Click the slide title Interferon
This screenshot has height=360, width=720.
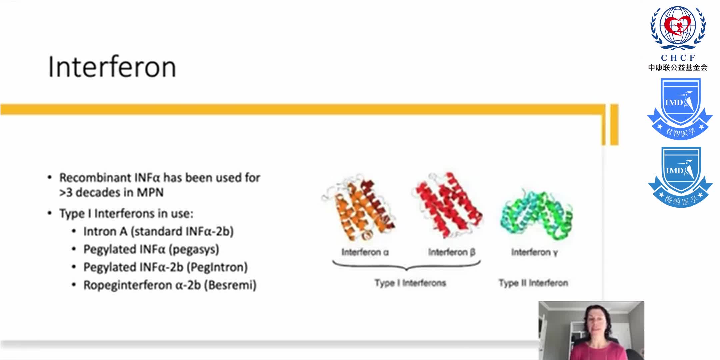tap(112, 67)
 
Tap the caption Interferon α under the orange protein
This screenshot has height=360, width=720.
tap(365, 252)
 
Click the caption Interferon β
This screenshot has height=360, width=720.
tap(452, 252)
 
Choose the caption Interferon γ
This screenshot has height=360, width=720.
tap(534, 252)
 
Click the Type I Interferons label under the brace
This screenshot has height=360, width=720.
tap(410, 283)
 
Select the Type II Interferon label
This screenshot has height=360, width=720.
tap(533, 283)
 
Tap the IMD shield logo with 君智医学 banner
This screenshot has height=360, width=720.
tap(680, 108)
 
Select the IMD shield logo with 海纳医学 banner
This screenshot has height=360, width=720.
tap(680, 177)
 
